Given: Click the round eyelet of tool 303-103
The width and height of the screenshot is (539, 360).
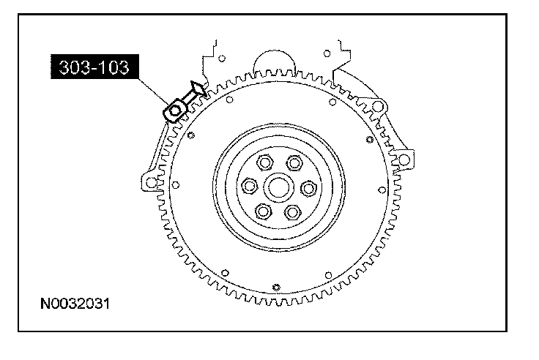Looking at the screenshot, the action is coord(175,111).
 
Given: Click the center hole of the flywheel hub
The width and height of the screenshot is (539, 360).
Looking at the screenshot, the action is coord(278,187).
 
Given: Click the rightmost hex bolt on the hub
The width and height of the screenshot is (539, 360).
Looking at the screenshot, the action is coord(308,187).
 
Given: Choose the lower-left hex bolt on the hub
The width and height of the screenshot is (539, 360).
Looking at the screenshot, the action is coord(262,213).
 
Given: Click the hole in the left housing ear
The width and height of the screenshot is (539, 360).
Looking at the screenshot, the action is coord(151,180).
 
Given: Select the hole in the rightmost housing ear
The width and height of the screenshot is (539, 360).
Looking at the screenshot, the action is coord(401,158).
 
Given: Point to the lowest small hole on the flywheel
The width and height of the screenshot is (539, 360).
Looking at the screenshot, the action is coord(276,286).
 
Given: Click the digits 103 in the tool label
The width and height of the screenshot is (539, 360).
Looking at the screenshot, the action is coord(114,68).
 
